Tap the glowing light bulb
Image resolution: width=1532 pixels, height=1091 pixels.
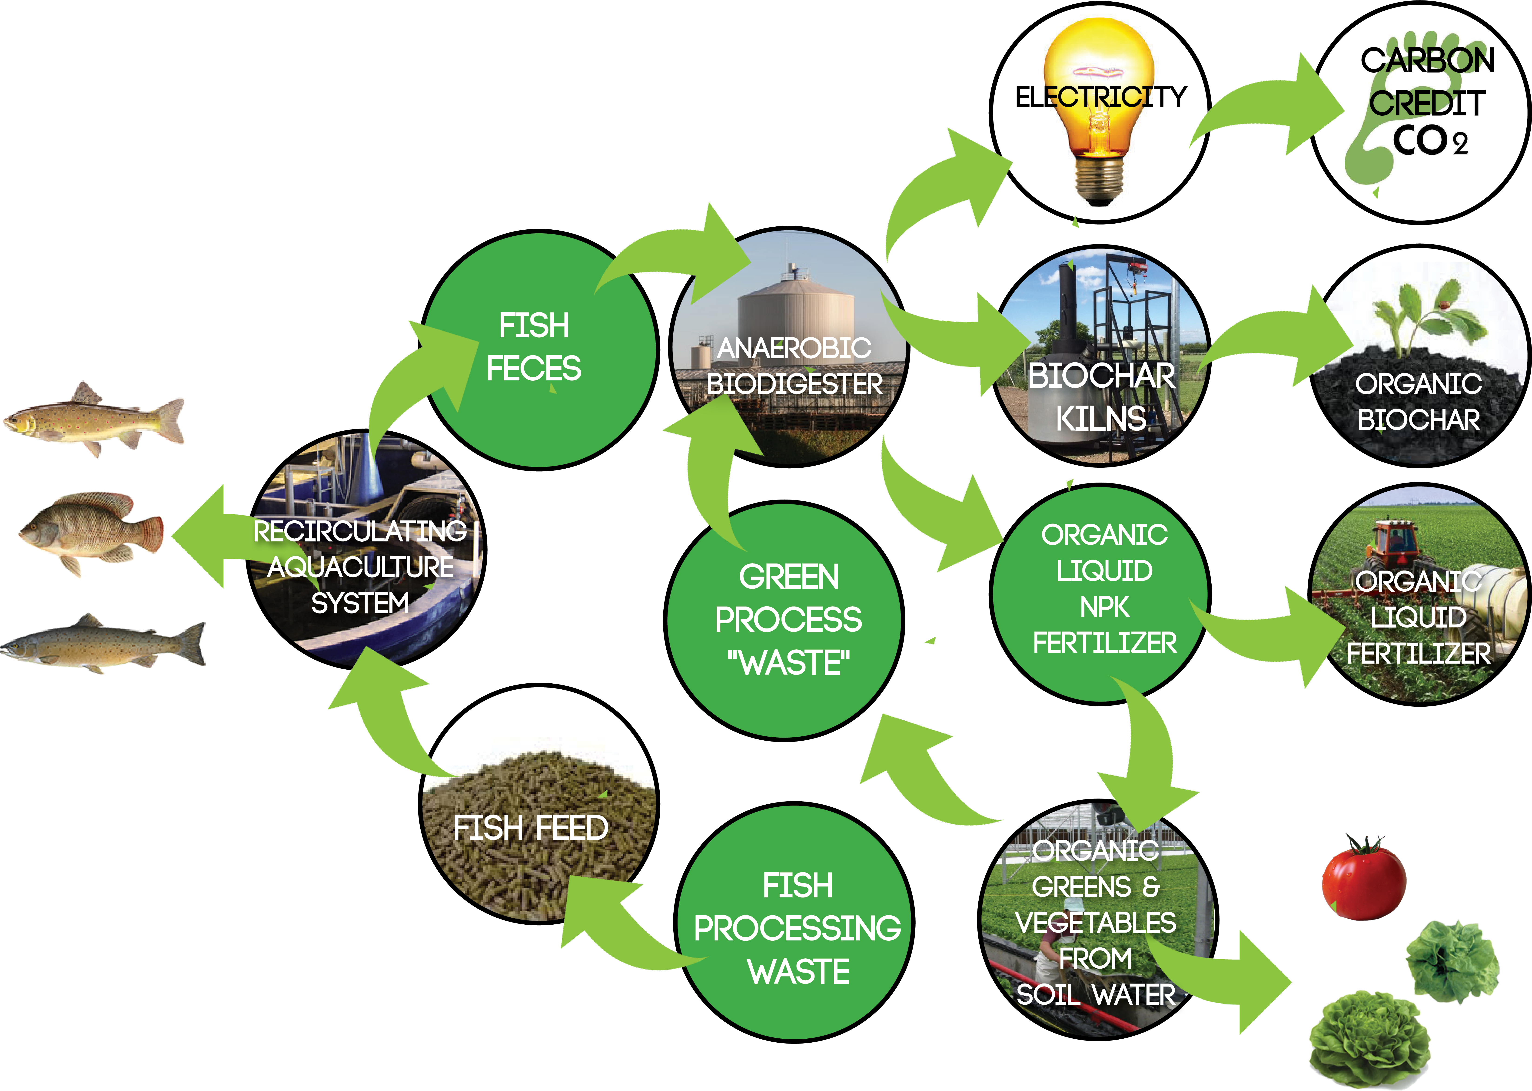coord(1099,107)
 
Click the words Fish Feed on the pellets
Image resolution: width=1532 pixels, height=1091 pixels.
coord(530,828)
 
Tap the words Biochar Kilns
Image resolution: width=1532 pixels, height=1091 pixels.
coord(1101,396)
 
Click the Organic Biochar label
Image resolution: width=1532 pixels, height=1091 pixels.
coord(1418,402)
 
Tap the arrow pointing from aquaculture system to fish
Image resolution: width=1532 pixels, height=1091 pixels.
coord(208,537)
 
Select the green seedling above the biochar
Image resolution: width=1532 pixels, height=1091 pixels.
coord(1416,316)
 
